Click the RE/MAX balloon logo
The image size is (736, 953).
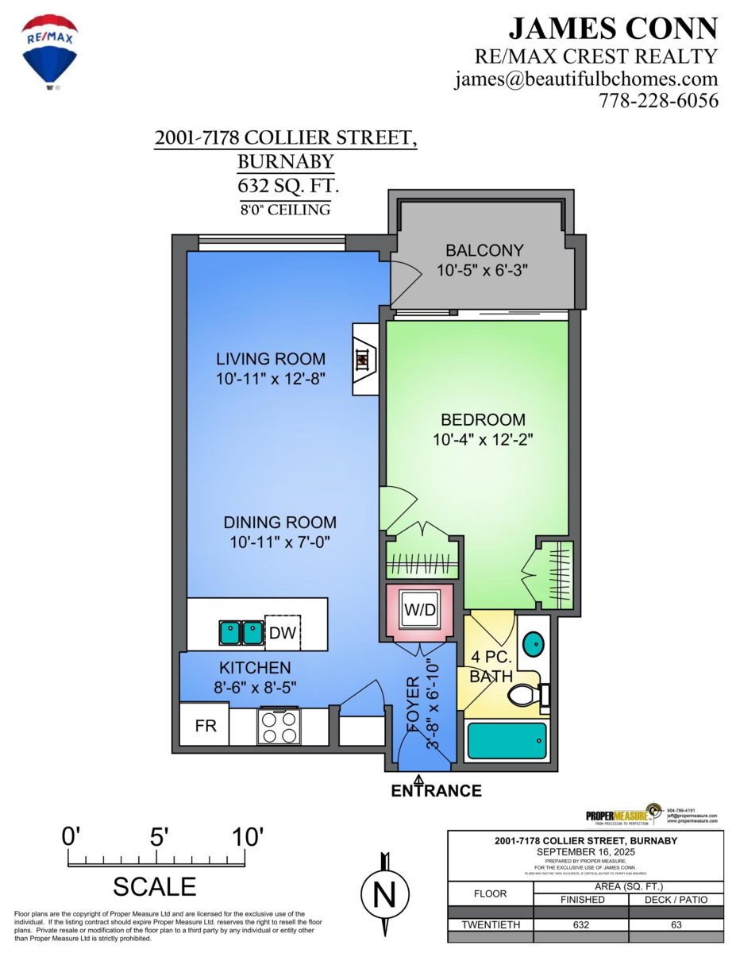coord(50,48)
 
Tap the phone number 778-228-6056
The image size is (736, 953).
coord(658,101)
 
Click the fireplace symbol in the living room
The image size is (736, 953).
coord(362,359)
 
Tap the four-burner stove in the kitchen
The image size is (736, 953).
coord(278,726)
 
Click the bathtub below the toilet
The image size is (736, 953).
coord(507,741)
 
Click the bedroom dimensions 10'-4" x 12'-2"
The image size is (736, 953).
coord(478,439)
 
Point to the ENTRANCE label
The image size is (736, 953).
coord(436,791)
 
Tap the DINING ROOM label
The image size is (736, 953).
coord(279,523)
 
